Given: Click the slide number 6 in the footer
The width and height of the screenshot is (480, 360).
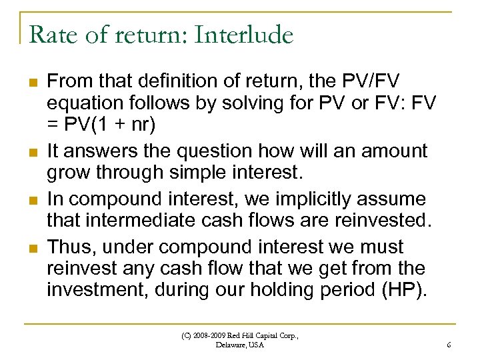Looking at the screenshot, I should (449, 345).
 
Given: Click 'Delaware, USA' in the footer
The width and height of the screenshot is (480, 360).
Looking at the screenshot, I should (240, 345).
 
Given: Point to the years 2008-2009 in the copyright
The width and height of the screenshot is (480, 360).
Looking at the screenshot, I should (213, 335).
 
